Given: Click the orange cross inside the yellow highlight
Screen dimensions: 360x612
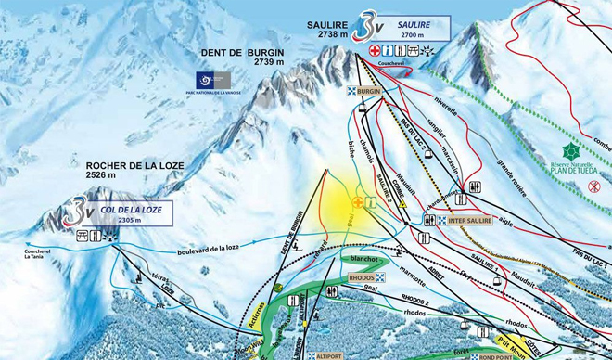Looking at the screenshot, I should point(358,201).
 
